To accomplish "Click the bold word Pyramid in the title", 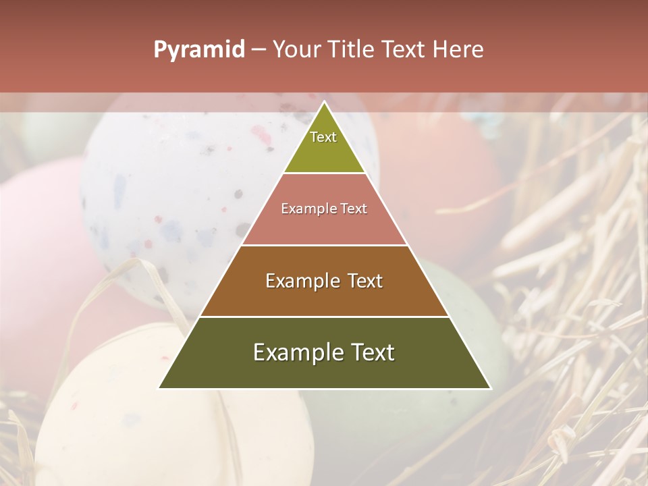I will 198,50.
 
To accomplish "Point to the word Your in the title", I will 298,50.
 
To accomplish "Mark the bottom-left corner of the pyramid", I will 159,388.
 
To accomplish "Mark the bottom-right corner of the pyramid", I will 490,388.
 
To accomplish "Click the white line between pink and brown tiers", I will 324,245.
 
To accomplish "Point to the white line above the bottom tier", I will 324,317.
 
